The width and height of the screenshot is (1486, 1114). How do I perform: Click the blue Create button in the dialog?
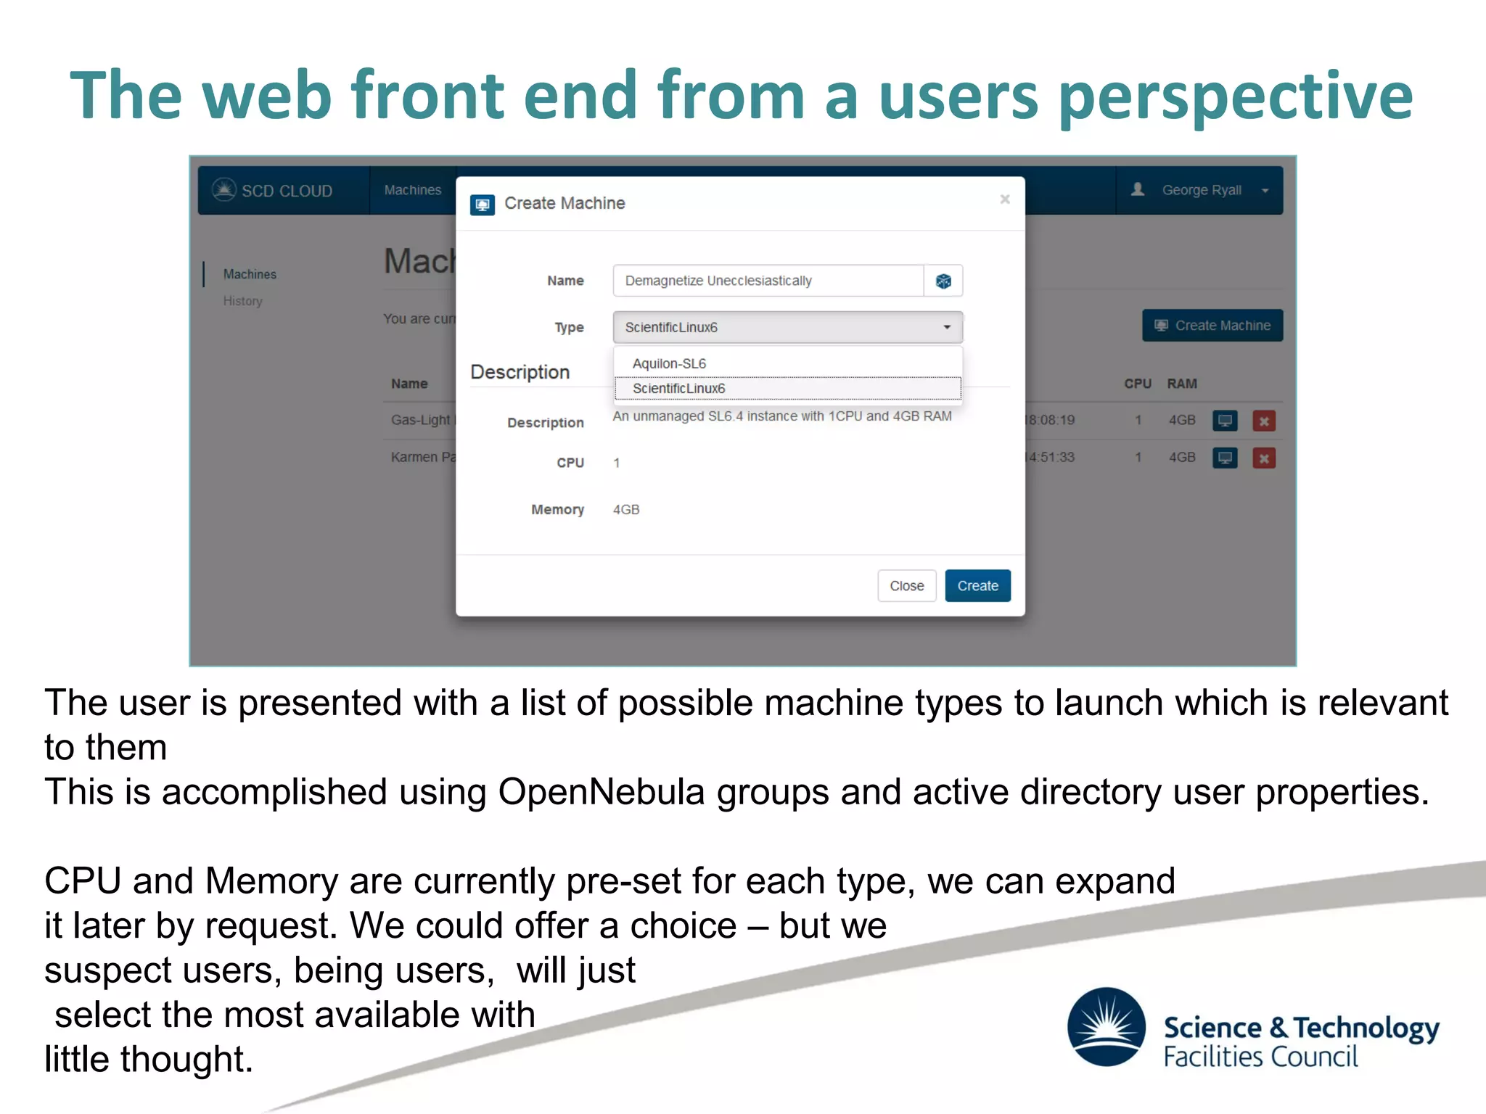pyautogui.click(x=977, y=585)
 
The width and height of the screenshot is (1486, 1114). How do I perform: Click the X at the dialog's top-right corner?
pyautogui.click(x=1004, y=199)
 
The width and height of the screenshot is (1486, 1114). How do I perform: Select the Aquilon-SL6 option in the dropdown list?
pyautogui.click(x=669, y=363)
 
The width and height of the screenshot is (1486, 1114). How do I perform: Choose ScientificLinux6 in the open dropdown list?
pyautogui.click(x=679, y=388)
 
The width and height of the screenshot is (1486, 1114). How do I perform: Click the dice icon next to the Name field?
pyautogui.click(x=943, y=281)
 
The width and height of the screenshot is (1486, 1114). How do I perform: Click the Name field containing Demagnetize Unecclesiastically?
pyautogui.click(x=768, y=281)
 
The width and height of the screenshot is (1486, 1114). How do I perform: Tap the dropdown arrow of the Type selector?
pyautogui.click(x=946, y=327)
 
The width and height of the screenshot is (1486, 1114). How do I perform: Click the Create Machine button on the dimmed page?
pyautogui.click(x=1212, y=326)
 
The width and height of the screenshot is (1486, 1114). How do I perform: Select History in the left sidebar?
pyautogui.click(x=242, y=301)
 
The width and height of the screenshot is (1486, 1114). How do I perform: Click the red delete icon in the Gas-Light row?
pyautogui.click(x=1263, y=421)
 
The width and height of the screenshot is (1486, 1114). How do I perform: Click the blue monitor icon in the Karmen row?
pyautogui.click(x=1225, y=458)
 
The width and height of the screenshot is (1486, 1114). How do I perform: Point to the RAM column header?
pyautogui.click(x=1181, y=384)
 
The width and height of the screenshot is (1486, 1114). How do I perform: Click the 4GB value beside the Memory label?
pyautogui.click(x=625, y=510)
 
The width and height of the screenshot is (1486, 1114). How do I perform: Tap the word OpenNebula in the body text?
pyautogui.click(x=601, y=792)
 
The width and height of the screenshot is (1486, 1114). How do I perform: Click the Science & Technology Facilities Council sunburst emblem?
pyautogui.click(x=1106, y=1026)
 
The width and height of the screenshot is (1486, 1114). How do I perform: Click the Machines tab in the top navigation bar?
pyautogui.click(x=412, y=190)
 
